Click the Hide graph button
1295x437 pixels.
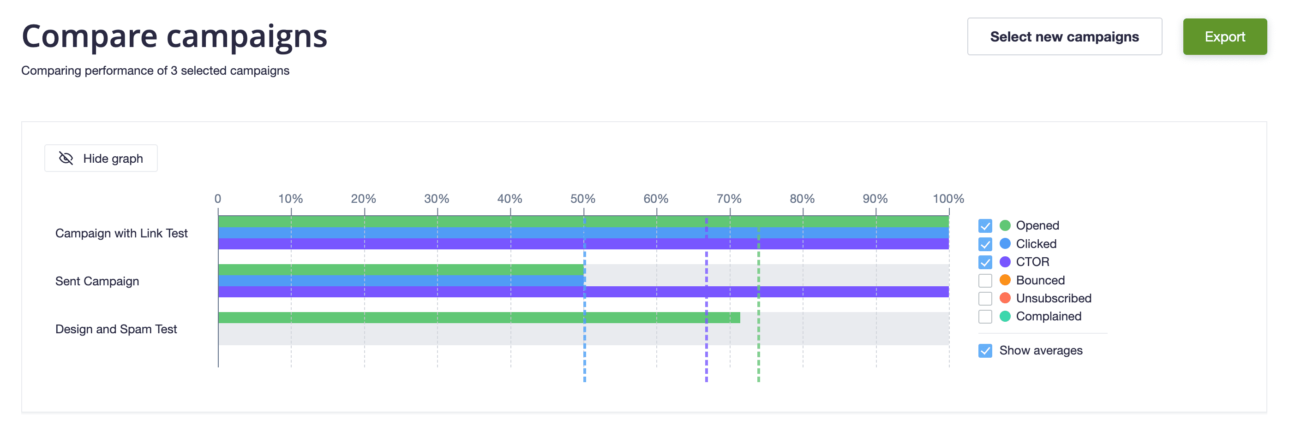(101, 158)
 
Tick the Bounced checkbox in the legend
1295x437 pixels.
(985, 280)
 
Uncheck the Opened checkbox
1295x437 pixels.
(985, 226)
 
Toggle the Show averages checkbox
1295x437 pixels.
(985, 351)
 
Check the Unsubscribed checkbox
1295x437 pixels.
(985, 298)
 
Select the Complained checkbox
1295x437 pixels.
(985, 316)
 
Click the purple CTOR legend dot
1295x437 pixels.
(1004, 262)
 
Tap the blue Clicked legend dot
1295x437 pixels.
(1004, 243)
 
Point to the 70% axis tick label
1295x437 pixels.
(728, 199)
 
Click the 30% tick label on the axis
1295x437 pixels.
(437, 199)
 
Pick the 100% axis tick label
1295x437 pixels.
(947, 199)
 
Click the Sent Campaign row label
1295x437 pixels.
(97, 281)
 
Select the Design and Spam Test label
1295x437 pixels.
(116, 329)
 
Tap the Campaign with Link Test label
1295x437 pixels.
(121, 233)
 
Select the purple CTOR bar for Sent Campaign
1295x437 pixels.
(583, 292)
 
